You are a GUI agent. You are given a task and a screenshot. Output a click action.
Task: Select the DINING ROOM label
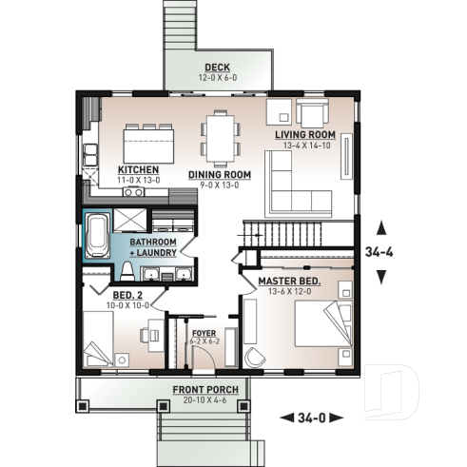pos(219,174)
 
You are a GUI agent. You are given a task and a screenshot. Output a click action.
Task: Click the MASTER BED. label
pos(289,282)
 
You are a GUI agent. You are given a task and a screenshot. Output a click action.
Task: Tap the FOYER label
pos(204,333)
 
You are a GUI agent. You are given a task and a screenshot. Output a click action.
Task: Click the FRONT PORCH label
pos(205,390)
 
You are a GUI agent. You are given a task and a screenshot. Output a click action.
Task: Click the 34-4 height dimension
pos(381,252)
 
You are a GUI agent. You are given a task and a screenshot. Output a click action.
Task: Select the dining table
pos(221,136)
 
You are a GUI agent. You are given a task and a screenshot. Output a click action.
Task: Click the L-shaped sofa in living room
pos(290,181)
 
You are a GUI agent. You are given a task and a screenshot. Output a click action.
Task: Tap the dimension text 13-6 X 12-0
pos(289,292)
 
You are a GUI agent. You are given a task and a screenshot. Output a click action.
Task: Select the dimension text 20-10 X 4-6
pos(205,399)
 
